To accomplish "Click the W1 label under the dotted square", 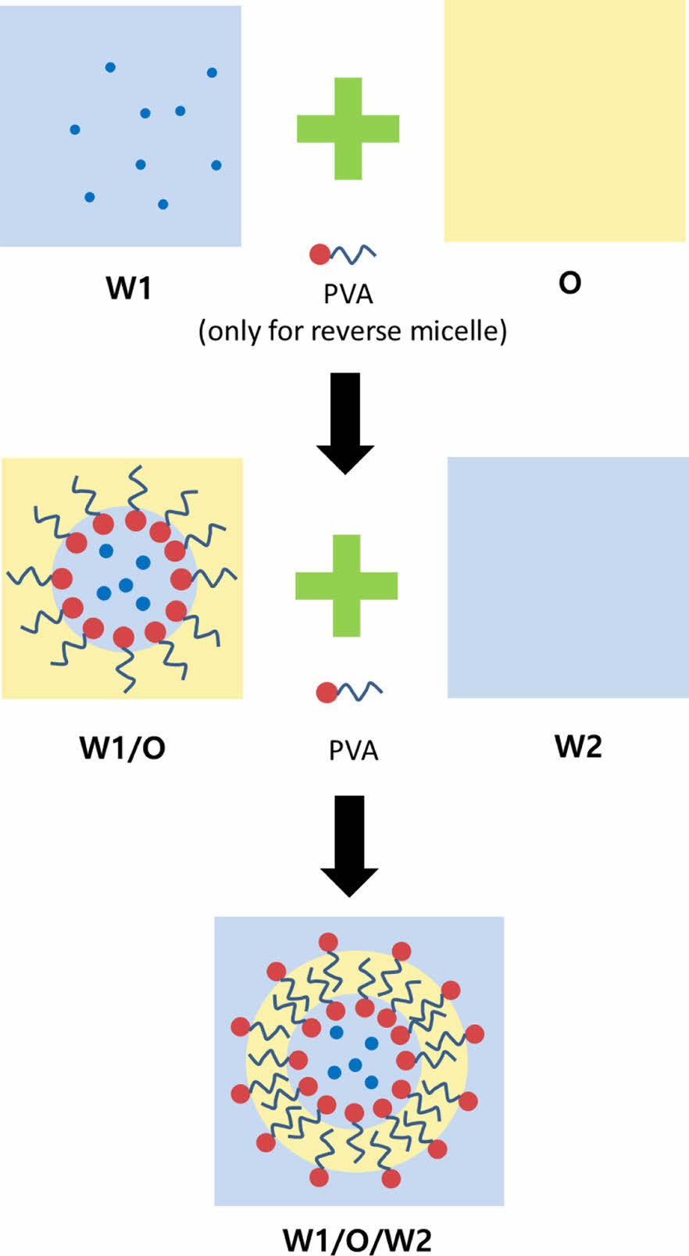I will coord(128,288).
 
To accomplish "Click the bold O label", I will coord(569,282).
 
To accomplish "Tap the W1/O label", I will coord(123,748).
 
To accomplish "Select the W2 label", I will coord(578,746).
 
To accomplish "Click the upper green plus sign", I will coord(348,128).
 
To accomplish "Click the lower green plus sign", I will coord(347,585).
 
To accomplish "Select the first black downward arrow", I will coord(345,423).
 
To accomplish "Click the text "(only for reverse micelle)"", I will coord(352,331).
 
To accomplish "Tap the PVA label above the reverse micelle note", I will coord(348,294).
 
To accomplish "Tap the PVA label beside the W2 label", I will coord(353,751).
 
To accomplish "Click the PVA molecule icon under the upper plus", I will coord(342,254).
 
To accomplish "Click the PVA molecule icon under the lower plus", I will coord(348,691).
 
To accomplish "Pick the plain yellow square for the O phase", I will coord(565,121).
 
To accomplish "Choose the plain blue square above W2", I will coord(568,577).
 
